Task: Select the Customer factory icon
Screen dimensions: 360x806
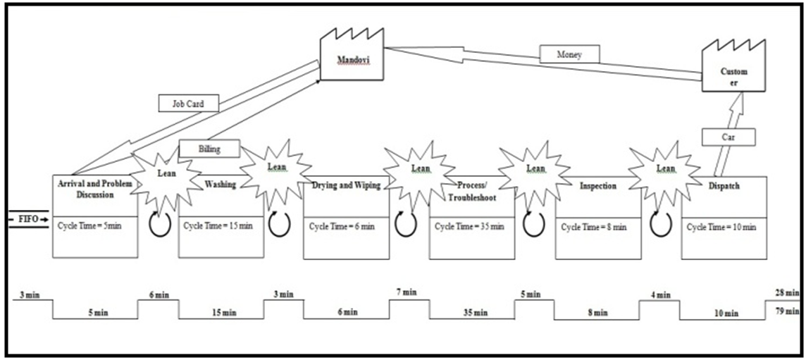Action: pyautogui.click(x=733, y=68)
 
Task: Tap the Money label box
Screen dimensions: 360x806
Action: pyautogui.click(x=569, y=54)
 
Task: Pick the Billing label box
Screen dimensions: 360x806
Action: pyautogui.click(x=209, y=149)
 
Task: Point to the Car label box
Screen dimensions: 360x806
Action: pyautogui.click(x=728, y=136)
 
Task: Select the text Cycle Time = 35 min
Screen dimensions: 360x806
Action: pyautogui.click(x=469, y=227)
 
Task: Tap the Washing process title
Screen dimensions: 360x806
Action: pyautogui.click(x=221, y=185)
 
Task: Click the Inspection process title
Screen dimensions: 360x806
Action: pyautogui.click(x=598, y=187)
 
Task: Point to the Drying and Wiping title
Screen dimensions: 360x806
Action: pyautogui.click(x=345, y=186)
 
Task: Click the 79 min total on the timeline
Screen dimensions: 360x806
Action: pyautogui.click(x=787, y=311)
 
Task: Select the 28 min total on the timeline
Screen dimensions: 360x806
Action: pyautogui.click(x=787, y=292)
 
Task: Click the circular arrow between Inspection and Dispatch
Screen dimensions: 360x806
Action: pyautogui.click(x=660, y=225)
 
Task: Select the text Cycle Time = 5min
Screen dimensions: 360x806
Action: pyautogui.click(x=92, y=227)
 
